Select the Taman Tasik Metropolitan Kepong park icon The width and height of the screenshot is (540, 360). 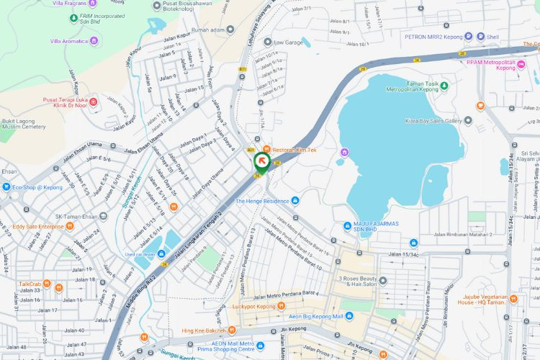click(x=444, y=86)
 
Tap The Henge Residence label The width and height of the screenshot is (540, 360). click(x=262, y=201)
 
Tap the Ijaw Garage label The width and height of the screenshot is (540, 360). click(x=288, y=42)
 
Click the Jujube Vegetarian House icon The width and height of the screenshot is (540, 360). click(x=513, y=298)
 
